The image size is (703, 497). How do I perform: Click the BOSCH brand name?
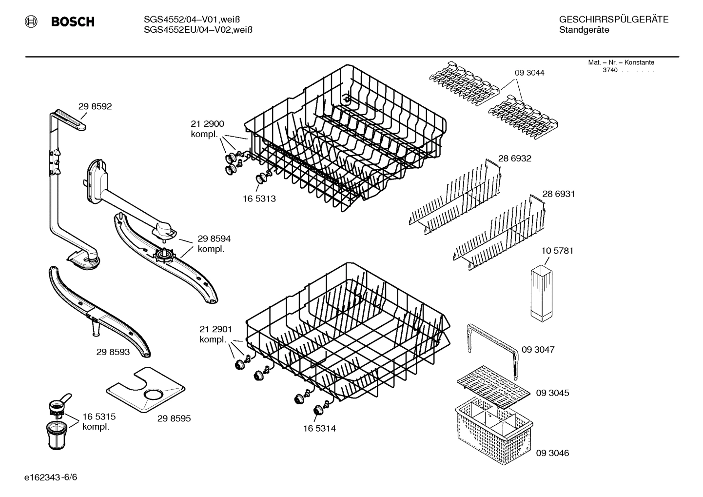pos(72,22)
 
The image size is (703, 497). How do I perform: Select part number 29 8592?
pos(95,106)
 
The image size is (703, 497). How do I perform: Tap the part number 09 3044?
pos(529,73)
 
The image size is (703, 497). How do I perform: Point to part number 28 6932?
pos(514,159)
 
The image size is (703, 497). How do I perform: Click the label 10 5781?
pos(557,251)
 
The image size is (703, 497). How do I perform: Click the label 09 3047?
pos(538,350)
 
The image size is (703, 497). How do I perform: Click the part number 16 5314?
pos(319,429)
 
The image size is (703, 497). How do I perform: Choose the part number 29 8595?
pos(174,418)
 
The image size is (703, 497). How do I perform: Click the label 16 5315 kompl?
pos(98,422)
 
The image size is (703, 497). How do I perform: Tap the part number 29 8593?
pos(113,352)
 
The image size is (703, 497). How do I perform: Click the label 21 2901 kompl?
pos(215,335)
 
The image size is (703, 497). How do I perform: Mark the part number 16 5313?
pos(259,199)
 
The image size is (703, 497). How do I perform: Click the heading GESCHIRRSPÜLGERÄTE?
pos(613,20)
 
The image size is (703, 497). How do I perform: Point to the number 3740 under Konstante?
pos(610,70)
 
